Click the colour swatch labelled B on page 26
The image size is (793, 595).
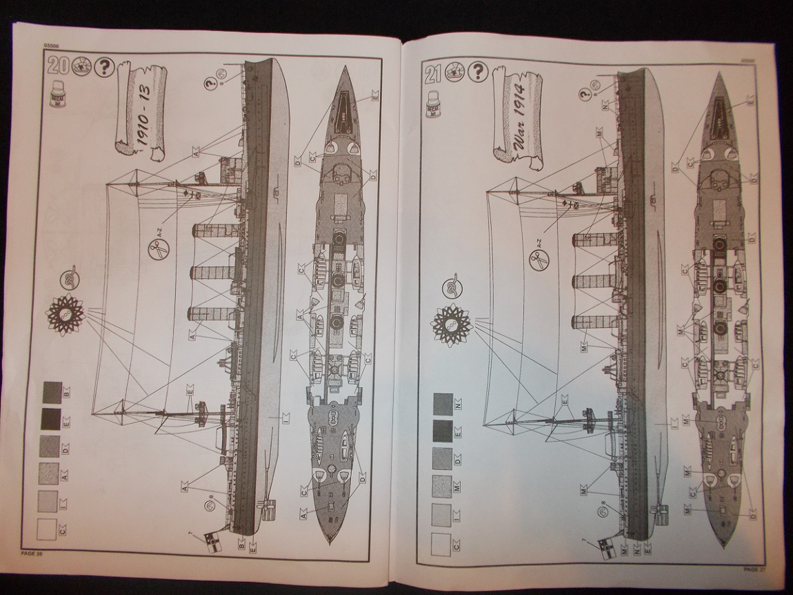point(52,392)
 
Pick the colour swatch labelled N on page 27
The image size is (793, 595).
point(443,402)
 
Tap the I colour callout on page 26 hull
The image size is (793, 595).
point(284,416)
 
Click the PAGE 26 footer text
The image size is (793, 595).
point(32,554)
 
